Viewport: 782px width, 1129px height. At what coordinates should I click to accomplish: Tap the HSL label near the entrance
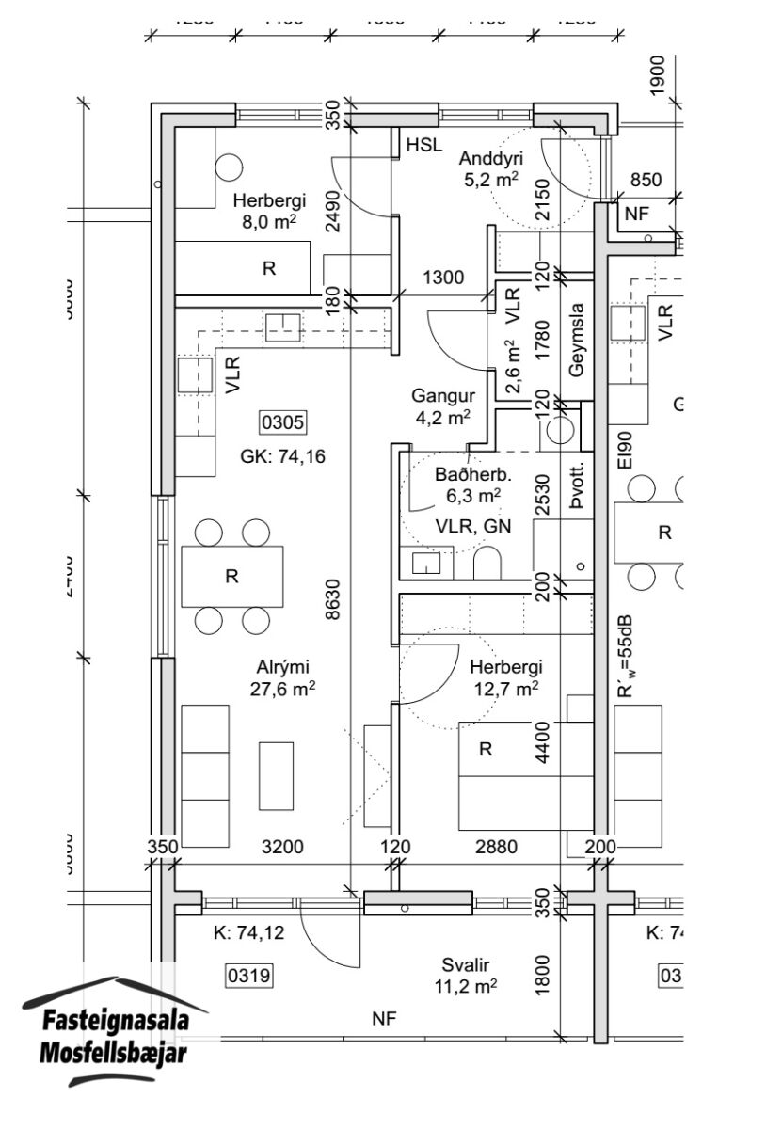[x=424, y=145]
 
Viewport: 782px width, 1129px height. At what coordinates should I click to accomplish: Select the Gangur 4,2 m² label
[x=440, y=405]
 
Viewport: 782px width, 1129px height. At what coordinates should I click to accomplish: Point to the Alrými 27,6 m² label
[x=285, y=677]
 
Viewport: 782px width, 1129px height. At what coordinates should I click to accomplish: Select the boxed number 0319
[x=248, y=977]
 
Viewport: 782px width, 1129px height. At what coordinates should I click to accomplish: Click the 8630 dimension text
[x=331, y=598]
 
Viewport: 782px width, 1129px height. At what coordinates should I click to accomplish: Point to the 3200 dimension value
[x=282, y=847]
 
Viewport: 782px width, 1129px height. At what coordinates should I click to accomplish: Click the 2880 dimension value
[x=496, y=847]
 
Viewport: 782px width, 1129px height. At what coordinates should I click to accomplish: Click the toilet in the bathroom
[x=487, y=564]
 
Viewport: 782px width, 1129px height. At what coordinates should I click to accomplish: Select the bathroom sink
[x=425, y=564]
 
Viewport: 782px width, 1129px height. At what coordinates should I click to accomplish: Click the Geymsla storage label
[x=577, y=339]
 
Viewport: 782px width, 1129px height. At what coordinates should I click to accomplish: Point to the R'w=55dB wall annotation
[x=624, y=658]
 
